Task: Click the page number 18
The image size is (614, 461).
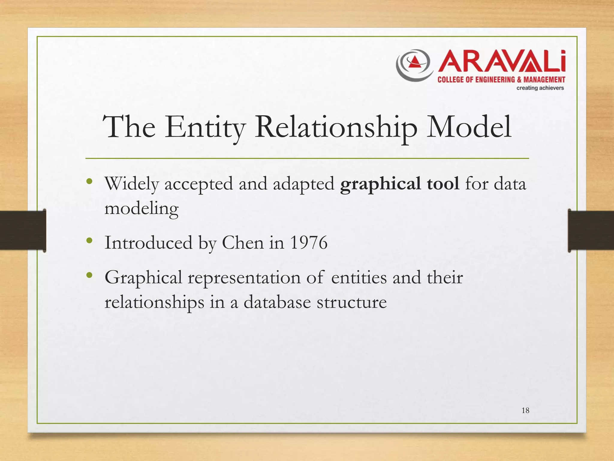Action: pos(525,411)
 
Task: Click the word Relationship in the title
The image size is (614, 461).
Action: pos(335,127)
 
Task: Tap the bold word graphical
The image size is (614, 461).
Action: pos(380,184)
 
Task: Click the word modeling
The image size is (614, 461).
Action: pos(141,208)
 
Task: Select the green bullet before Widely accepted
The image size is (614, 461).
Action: pos(89,181)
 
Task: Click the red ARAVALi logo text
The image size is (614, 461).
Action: pos(502,62)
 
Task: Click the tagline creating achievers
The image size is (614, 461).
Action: pos(540,88)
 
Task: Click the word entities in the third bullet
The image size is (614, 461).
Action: pos(359,277)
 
